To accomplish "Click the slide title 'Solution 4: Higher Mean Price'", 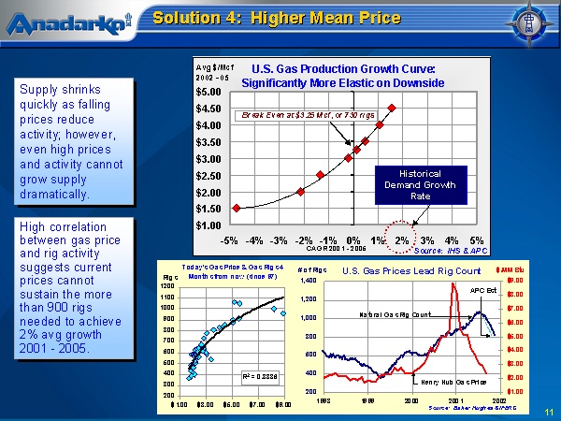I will tap(277, 18).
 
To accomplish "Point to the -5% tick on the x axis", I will tap(228, 240).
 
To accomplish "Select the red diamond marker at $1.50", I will tap(237, 208).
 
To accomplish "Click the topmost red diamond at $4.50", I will tap(391, 109).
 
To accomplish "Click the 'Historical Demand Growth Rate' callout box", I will tap(420, 184).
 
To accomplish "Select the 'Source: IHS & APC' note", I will tap(451, 251).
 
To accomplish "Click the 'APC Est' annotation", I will tap(483, 291).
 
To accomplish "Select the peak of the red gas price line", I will tap(454, 284).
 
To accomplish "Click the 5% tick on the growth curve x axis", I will tap(476, 240).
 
